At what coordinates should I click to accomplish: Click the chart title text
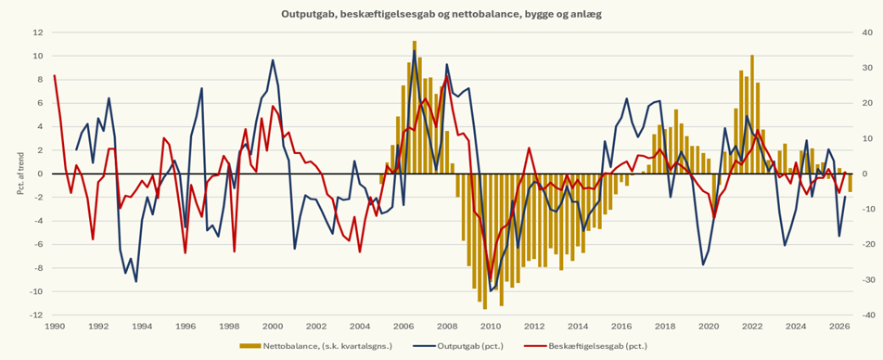pyautogui.click(x=441, y=15)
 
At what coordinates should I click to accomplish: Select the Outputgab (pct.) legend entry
pyautogui.click(x=458, y=345)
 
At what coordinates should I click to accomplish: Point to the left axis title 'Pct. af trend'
pyautogui.click(x=21, y=174)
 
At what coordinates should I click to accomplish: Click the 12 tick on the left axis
pyautogui.click(x=38, y=32)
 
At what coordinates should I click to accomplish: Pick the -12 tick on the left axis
pyautogui.click(x=36, y=315)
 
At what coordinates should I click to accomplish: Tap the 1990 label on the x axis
pyautogui.click(x=55, y=327)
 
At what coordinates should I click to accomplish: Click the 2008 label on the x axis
pyautogui.click(x=447, y=327)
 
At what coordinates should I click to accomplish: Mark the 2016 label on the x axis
pyautogui.click(x=621, y=327)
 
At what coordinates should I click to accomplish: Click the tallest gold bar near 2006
pyautogui.click(x=415, y=107)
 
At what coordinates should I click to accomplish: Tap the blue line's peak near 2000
pyautogui.click(x=273, y=59)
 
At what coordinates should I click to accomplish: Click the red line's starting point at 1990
pyautogui.click(x=55, y=75)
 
